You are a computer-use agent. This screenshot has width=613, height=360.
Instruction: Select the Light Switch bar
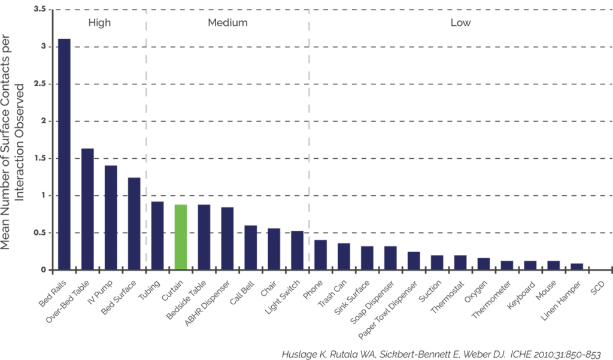coord(298,250)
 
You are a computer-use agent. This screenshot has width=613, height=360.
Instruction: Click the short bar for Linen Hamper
coord(577,266)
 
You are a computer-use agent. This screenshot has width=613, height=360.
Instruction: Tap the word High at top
coord(99,23)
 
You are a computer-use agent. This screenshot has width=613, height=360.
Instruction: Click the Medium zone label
coord(227,23)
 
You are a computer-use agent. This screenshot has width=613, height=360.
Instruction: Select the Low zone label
coord(460,23)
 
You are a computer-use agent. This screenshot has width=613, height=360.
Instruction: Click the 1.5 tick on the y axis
coord(41,159)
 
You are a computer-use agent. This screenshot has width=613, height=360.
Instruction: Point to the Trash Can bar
coord(344,256)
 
